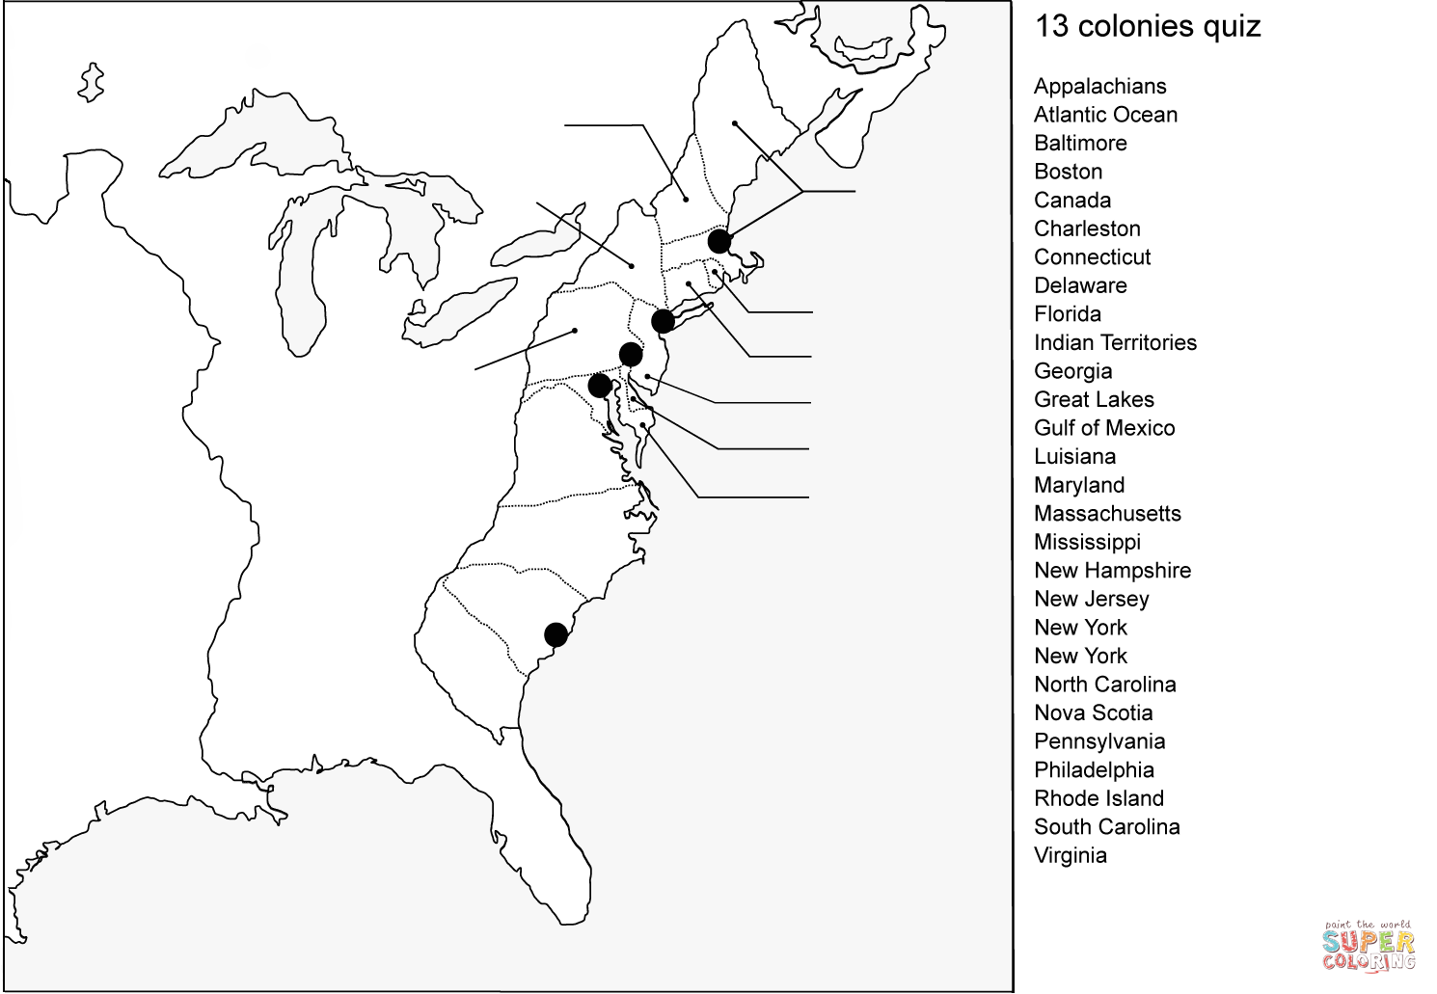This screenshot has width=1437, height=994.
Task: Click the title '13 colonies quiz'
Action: pyautogui.click(x=1147, y=26)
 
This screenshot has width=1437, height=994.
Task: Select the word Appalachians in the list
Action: pyautogui.click(x=1099, y=86)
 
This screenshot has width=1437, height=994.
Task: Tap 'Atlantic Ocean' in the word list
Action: pyautogui.click(x=1105, y=115)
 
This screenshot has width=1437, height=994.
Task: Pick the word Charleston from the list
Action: pyautogui.click(x=1087, y=228)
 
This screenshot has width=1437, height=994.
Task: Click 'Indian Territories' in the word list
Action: pyautogui.click(x=1115, y=342)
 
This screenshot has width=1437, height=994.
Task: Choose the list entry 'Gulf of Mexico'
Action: pyautogui.click(x=1104, y=428)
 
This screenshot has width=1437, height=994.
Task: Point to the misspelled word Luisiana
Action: pyautogui.click(x=1074, y=456)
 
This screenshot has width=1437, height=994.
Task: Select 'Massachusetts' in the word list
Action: pyautogui.click(x=1107, y=513)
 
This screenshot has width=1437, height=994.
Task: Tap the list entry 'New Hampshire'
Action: pyautogui.click(x=1112, y=570)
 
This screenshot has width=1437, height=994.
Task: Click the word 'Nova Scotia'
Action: pyautogui.click(x=1093, y=712)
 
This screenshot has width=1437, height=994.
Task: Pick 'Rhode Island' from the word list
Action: pyautogui.click(x=1098, y=798)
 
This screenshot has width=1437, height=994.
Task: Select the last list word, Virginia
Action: pyautogui.click(x=1070, y=855)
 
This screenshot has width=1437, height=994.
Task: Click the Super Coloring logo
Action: pyautogui.click(x=1368, y=945)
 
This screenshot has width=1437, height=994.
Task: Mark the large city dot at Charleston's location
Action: pyautogui.click(x=556, y=634)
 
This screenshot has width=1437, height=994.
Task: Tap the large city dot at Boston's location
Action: pyautogui.click(x=718, y=241)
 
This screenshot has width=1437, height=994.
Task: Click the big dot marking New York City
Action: pyautogui.click(x=663, y=320)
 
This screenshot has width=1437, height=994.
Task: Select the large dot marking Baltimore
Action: pyautogui.click(x=599, y=386)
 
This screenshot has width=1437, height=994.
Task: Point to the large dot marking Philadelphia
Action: pyautogui.click(x=631, y=354)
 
